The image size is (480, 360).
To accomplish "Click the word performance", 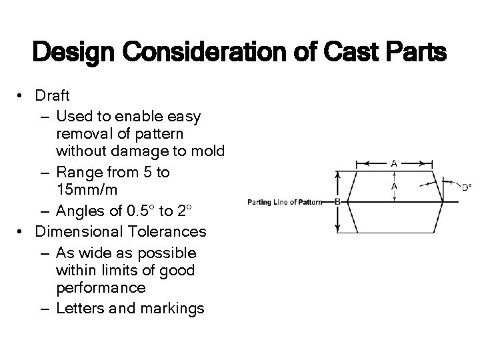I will click(104, 288).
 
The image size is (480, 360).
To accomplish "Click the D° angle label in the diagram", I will click(467, 187).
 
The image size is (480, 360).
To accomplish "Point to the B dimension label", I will click(337, 201).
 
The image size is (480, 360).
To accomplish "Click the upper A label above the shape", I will click(394, 163).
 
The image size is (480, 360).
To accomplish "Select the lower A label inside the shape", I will click(394, 187).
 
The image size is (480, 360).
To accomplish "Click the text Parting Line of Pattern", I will click(284, 201).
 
